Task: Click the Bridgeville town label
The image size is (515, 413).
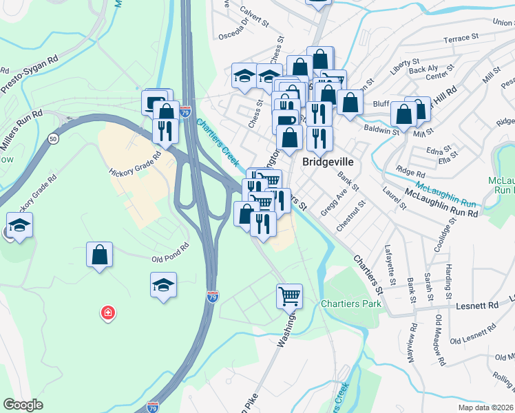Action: (330, 161)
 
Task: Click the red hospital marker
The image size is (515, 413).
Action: (107, 314)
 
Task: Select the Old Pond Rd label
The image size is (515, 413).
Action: (170, 253)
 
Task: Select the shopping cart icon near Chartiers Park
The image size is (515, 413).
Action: (290, 296)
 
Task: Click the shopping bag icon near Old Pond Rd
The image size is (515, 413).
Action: (100, 254)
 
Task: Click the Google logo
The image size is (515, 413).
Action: (23, 405)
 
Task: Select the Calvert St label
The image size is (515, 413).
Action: (255, 17)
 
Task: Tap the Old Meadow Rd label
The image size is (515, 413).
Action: (439, 335)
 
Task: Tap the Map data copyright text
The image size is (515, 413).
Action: (485, 407)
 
